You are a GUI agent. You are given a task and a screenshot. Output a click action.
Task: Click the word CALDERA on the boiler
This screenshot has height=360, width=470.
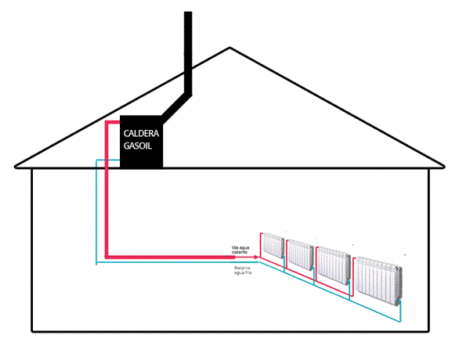[x=141, y=133]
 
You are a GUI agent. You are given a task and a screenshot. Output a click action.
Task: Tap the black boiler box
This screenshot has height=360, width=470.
[x=142, y=157]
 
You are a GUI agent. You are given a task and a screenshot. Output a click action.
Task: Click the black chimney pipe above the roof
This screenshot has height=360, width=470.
[x=187, y=47]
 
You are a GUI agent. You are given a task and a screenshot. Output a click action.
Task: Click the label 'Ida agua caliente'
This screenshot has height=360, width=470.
[x=240, y=250]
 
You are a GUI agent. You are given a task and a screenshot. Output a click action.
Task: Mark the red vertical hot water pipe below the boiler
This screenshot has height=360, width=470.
[x=108, y=203]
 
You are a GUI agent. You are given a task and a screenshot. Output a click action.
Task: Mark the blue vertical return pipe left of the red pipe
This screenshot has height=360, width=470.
[x=96, y=211]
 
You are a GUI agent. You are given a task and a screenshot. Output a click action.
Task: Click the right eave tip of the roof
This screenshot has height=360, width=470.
[x=444, y=166]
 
